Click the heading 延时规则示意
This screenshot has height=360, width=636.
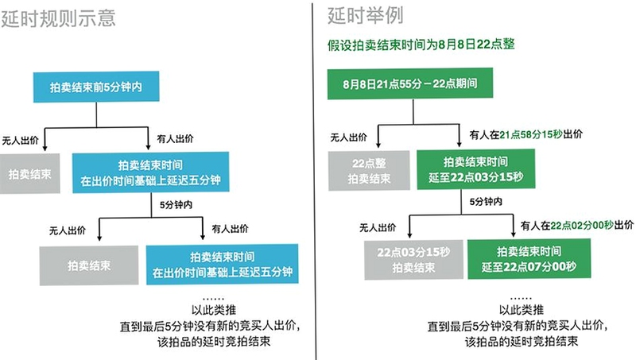pos(58,18)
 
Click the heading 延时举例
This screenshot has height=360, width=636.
pos(366,16)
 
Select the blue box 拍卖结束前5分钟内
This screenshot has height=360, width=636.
pos(96,87)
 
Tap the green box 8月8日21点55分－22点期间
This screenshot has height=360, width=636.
pos(410,83)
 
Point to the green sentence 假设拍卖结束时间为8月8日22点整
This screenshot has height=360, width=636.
pos(421,45)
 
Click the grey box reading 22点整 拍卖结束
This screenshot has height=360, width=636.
pos(369,171)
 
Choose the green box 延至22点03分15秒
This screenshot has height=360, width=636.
pos(475,169)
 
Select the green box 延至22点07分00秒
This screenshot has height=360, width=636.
pos(529,258)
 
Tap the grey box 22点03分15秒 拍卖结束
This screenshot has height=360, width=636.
pos(413,260)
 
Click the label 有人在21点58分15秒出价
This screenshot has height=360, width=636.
pos(526,134)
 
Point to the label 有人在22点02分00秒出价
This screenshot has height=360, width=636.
pos(577,226)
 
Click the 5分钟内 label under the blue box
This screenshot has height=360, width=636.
pos(176,205)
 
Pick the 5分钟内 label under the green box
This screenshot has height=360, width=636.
pos(486,202)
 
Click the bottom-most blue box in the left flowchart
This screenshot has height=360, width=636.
pos(223,265)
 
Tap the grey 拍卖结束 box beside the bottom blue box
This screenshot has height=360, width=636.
pos(89,265)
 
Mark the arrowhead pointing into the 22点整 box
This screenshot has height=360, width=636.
pos(378,145)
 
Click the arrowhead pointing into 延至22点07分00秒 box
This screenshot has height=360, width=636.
pos(513,234)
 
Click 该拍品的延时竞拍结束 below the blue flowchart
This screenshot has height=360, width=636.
pos(214,342)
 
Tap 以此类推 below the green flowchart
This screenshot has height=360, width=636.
pos(522,310)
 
